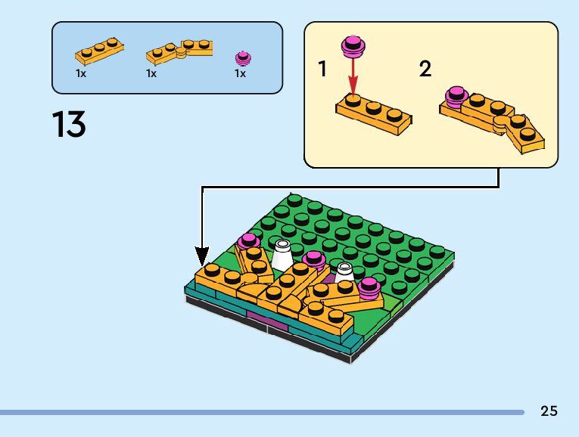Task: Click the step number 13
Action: coord(69,125)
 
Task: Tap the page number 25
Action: coord(549,411)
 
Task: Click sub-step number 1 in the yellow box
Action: coord(323,70)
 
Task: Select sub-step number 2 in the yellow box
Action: coord(425,70)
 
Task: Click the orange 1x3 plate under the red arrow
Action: coord(374,113)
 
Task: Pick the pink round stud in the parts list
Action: coord(242,57)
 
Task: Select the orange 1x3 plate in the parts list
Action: coord(99,51)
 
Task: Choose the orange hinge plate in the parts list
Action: coord(179,51)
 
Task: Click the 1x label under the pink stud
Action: coord(240,74)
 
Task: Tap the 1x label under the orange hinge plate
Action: coord(151,74)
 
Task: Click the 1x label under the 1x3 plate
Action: coord(81,74)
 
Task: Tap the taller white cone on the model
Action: coord(282,255)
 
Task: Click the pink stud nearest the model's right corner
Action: coord(369,286)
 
